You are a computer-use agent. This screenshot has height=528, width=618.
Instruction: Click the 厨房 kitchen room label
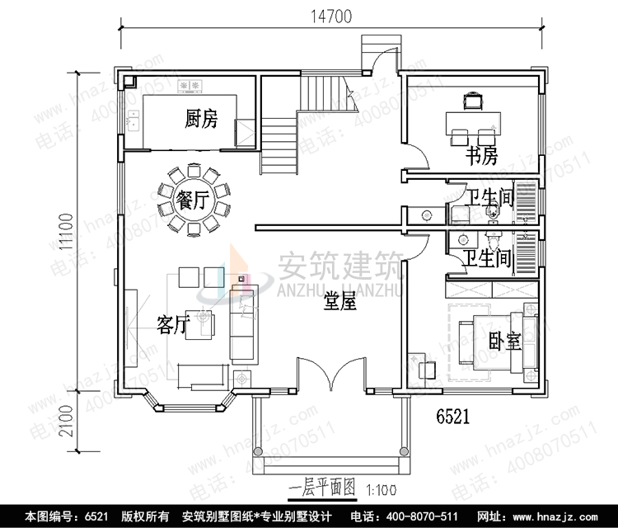pyautogui.click(x=201, y=120)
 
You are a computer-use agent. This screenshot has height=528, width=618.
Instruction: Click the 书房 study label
pyautogui.click(x=481, y=155)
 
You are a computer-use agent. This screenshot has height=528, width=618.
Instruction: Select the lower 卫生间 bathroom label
pyautogui.click(x=486, y=259)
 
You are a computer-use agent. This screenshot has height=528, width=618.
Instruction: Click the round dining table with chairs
pyautogui.click(x=192, y=200)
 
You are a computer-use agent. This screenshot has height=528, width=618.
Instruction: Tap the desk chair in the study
pyautogui.click(x=473, y=101)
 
